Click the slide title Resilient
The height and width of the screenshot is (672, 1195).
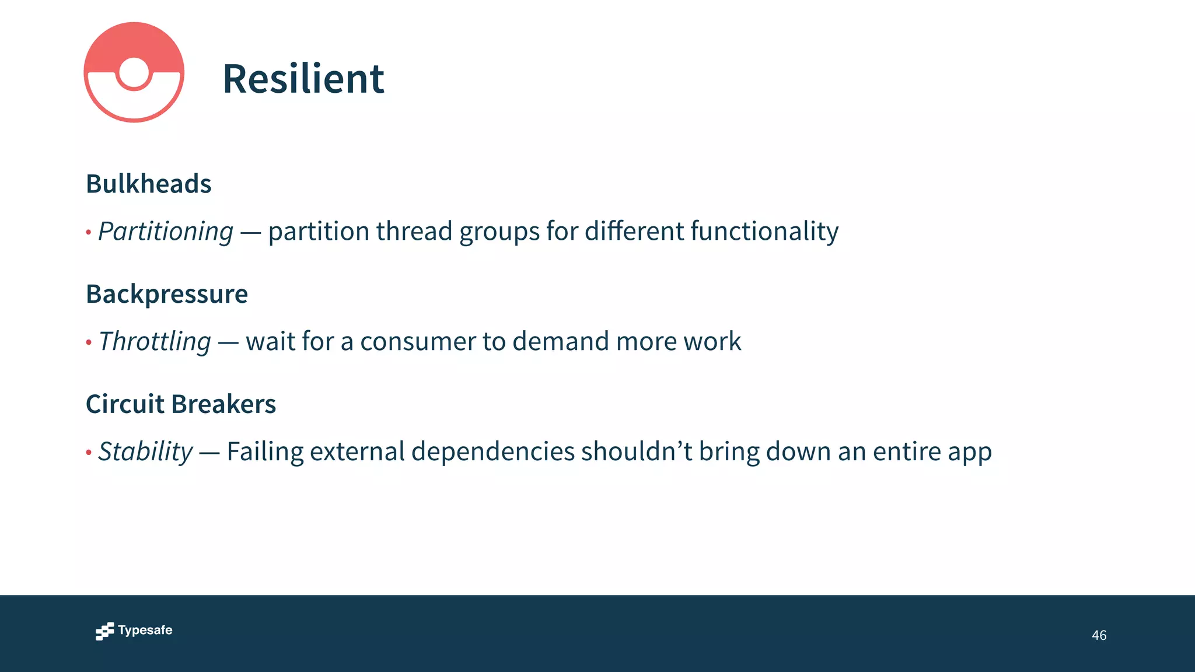point(303,79)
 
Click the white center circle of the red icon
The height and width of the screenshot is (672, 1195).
point(134,73)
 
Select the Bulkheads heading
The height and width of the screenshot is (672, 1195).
point(148,184)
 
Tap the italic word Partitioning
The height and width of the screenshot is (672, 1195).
point(166,232)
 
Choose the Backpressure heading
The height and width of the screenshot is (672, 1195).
point(167,294)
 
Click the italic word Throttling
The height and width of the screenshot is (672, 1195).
point(155,342)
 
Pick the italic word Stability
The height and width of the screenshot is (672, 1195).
point(145,452)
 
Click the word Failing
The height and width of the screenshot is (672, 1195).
point(265,452)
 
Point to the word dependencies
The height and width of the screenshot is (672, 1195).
point(493,452)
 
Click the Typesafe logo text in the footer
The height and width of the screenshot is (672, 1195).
point(145,631)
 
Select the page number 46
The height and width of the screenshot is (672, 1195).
point(1099,635)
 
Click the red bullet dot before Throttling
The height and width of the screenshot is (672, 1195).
point(89,342)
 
